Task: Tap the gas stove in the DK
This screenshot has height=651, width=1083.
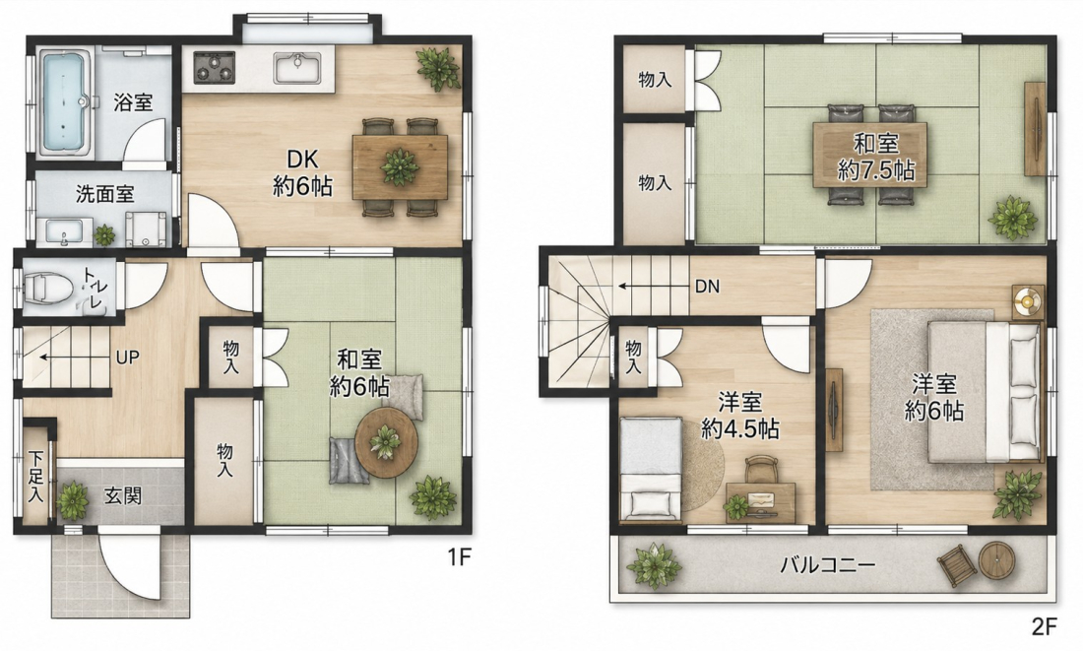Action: (214, 67)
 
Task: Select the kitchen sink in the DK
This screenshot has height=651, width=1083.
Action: (297, 67)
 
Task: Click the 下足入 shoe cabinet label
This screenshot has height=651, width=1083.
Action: (35, 477)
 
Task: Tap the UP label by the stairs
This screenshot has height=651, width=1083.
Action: (128, 358)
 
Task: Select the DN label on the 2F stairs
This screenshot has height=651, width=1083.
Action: (707, 287)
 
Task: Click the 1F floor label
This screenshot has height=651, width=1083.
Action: (459, 557)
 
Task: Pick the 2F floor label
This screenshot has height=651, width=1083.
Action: (1045, 626)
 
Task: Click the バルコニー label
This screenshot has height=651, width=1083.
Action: (828, 565)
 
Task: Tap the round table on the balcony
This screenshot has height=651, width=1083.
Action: (996, 559)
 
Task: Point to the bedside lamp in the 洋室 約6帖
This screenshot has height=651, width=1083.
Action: (1029, 301)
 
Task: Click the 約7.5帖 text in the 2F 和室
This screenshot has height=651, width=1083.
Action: (876, 170)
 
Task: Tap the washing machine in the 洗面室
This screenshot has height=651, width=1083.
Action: (147, 228)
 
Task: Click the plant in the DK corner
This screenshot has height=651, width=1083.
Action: (438, 68)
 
